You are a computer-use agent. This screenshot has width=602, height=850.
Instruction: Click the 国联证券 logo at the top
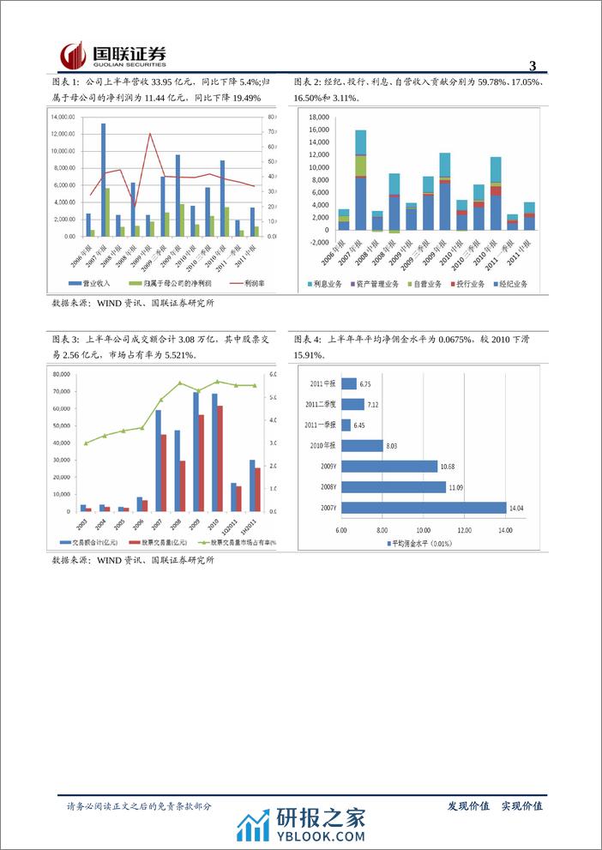(x=112, y=55)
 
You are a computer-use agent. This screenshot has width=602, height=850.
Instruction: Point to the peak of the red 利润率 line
(x=151, y=133)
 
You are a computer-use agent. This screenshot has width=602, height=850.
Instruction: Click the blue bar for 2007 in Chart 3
(x=158, y=461)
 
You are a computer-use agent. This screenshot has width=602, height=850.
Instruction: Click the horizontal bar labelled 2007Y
(x=423, y=507)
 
